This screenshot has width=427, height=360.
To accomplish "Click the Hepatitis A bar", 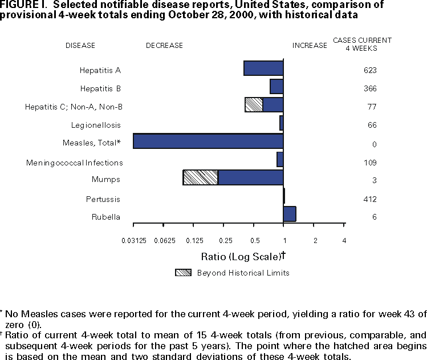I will tap(263, 68).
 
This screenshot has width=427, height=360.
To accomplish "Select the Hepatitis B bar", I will tap(276, 86).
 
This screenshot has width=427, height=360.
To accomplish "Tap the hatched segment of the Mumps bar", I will tap(201, 177).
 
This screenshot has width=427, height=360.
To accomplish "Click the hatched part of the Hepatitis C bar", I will tap(254, 105).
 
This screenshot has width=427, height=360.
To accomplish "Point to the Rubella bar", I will tap(290, 214).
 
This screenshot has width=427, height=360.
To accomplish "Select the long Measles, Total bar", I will tap(208, 141).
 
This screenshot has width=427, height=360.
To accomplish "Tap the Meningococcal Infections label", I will tap(75, 163).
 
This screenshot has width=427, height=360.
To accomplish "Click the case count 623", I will tap(371, 71).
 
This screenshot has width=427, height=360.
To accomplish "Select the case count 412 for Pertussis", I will tap(371, 200).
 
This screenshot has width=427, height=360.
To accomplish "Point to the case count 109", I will tap(371, 163).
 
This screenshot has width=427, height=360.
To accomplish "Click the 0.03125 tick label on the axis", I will tap(133, 241).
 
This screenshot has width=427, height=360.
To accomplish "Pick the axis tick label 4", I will tap(344, 241).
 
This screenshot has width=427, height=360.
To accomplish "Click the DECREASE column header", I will tap(165, 45).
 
